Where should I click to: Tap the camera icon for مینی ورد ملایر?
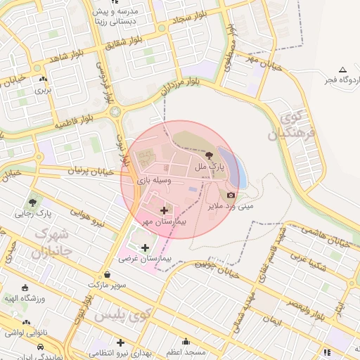(231, 195)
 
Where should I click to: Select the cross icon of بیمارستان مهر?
(165, 210)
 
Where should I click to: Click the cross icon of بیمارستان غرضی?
(145, 247)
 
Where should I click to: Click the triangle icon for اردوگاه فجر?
(342, 70)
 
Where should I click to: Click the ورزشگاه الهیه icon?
(26, 288)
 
